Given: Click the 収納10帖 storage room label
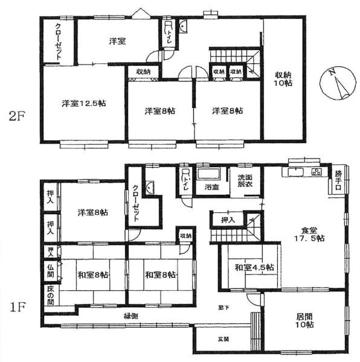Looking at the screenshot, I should point(283,78).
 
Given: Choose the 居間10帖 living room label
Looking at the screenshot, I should point(305,320).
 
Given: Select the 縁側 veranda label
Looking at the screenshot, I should point(132,316).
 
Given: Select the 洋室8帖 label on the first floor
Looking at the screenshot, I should point(92,212).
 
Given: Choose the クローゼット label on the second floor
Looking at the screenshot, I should point(57,40).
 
